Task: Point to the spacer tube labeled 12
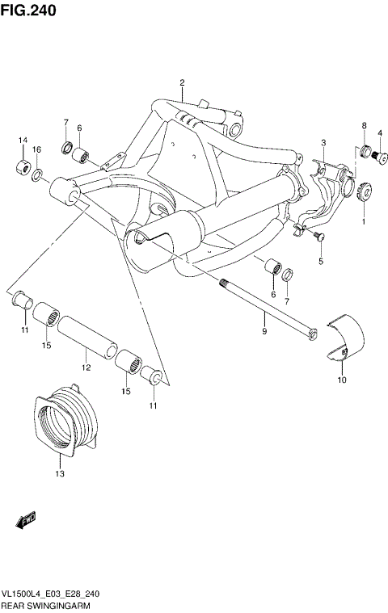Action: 85,331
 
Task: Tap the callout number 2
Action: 183,83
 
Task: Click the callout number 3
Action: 323,143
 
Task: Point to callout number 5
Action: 320,262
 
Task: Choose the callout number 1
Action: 363,220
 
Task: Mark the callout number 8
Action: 365,125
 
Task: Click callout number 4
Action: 379,133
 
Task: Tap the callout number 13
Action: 59,474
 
